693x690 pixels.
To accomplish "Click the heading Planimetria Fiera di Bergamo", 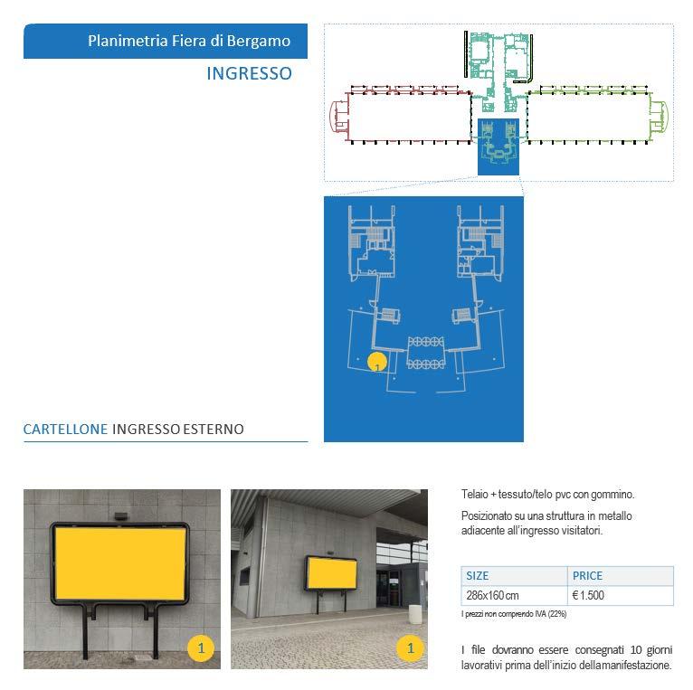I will [x=189, y=41].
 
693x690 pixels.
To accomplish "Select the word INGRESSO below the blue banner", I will [x=249, y=73].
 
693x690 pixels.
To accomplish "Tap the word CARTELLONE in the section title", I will [x=66, y=430].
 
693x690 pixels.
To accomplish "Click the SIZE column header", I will [x=477, y=575].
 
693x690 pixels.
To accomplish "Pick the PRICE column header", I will [x=587, y=575].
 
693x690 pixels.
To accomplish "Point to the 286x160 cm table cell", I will [x=492, y=595].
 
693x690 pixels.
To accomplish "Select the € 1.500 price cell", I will [x=589, y=595].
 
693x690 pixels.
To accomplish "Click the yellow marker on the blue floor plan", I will [x=376, y=363].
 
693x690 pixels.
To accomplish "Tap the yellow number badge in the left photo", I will [x=201, y=647].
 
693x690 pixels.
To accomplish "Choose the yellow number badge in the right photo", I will [x=411, y=647].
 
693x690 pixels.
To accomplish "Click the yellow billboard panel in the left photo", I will [x=120, y=562].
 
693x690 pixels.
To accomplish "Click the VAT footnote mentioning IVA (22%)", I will [x=514, y=614].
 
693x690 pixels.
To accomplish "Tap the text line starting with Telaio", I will [x=547, y=495].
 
